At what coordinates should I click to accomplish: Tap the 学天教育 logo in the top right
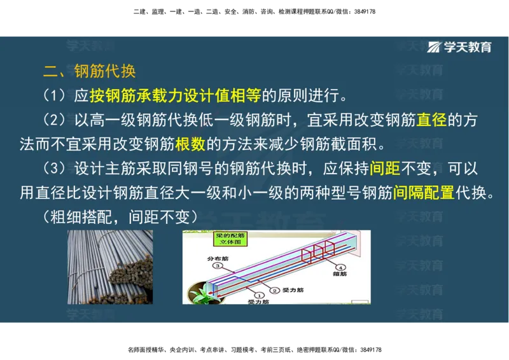[x=460, y=47]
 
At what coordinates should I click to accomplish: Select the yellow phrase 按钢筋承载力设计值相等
[x=175, y=95]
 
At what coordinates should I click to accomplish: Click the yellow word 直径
[x=431, y=120]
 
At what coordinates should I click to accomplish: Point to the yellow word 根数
[x=190, y=144]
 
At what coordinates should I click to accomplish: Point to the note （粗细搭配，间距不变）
[x=121, y=218]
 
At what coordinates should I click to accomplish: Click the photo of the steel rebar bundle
[x=110, y=267]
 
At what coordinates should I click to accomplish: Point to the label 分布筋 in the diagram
[x=216, y=258]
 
